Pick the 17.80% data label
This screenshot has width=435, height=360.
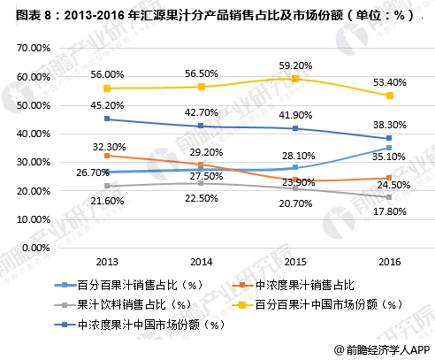click(x=388, y=211)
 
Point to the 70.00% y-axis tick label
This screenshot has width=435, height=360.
click(x=34, y=49)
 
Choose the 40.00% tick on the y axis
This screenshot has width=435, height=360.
click(x=34, y=134)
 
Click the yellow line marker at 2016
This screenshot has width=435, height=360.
click(x=387, y=96)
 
